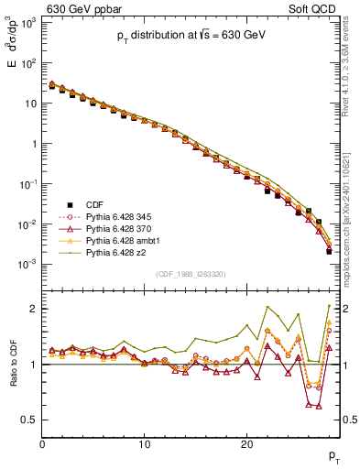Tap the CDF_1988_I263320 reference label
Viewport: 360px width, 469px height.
click(190, 274)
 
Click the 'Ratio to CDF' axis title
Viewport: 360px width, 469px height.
click(13, 367)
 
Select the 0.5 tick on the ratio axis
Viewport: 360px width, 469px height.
click(30, 420)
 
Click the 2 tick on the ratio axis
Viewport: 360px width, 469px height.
click(35, 309)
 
